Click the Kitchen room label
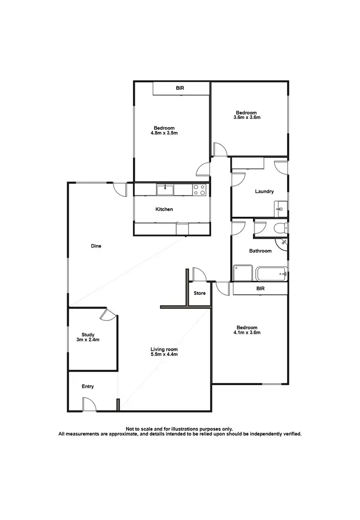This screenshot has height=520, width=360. (164, 209)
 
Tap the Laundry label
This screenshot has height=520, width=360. (264, 191)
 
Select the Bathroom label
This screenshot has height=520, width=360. (260, 251)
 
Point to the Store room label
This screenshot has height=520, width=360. (200, 293)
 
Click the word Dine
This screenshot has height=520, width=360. (96, 246)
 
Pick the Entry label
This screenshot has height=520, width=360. (88, 386)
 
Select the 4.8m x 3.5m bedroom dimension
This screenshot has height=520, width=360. (165, 133)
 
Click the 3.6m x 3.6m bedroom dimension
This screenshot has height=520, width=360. (250, 117)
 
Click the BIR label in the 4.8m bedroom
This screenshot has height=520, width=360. (180, 88)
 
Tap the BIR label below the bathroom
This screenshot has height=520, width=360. (260, 289)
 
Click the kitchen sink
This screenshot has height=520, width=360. (165, 190)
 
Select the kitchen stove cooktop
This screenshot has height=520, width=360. (199, 190)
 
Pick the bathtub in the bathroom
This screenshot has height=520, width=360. (271, 274)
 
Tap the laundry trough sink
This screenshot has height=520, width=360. (281, 210)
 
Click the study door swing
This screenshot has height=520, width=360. (108, 315)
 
